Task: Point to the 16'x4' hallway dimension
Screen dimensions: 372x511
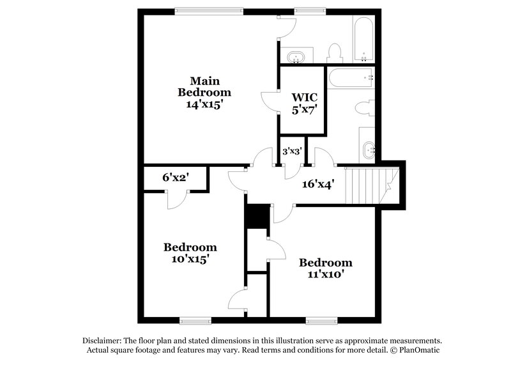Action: (318, 184)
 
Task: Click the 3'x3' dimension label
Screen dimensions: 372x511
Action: (293, 152)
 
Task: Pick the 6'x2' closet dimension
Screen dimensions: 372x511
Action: (174, 177)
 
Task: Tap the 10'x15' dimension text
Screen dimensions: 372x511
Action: (190, 260)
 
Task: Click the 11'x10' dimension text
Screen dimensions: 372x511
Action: (325, 275)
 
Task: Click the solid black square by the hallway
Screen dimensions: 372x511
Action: (257, 216)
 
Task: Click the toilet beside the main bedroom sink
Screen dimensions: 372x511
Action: (334, 52)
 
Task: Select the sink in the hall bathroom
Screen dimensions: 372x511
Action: (369, 151)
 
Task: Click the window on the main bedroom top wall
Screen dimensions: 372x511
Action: (209, 10)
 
